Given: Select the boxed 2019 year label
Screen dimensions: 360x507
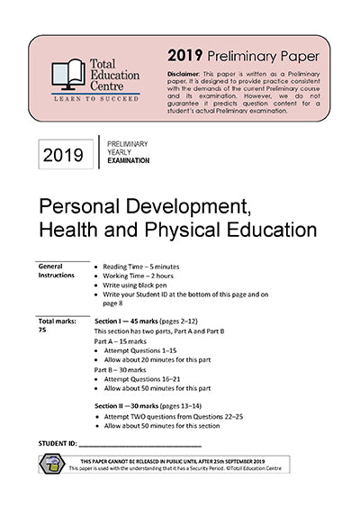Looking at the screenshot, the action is (x=63, y=156).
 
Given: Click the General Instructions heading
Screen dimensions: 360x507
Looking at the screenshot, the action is (x=57, y=271).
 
